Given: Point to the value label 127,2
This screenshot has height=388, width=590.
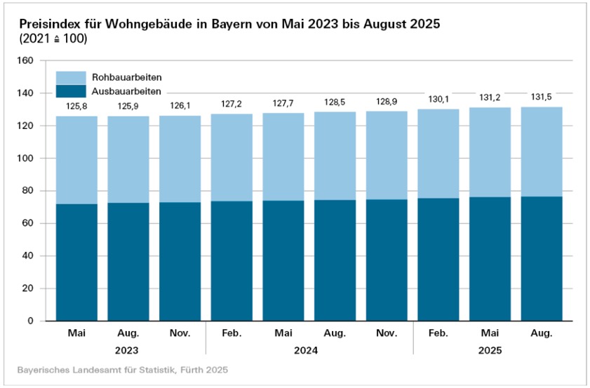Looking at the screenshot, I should pyautogui.click(x=232, y=103).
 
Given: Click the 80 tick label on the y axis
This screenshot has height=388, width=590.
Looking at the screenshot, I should pyautogui.click(x=28, y=191).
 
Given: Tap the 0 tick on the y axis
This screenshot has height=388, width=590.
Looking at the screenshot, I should pyautogui.click(x=31, y=321).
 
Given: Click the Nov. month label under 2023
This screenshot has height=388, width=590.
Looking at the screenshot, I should pyautogui.click(x=180, y=333).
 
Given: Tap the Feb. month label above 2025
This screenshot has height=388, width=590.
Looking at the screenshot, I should pyautogui.click(x=438, y=333).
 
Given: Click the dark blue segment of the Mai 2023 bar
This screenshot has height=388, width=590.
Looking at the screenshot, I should pyautogui.click(x=76, y=262).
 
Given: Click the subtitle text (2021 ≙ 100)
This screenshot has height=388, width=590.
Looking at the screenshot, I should pyautogui.click(x=53, y=39).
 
